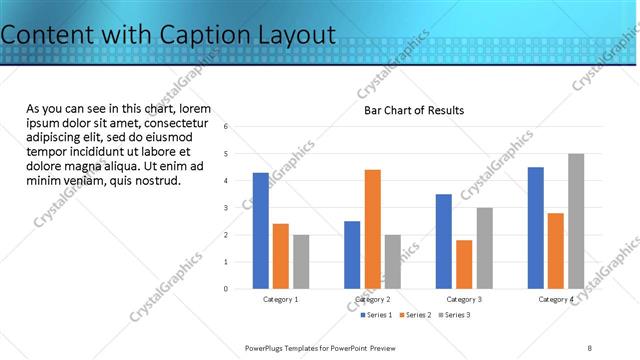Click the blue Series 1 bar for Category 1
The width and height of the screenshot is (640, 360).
[x=261, y=231]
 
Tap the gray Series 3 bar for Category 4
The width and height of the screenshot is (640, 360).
[x=576, y=221]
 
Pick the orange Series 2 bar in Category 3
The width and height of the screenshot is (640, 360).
[x=464, y=264]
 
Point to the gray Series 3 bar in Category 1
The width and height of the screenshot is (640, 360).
[x=301, y=262]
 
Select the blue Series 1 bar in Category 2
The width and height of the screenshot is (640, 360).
[x=352, y=255]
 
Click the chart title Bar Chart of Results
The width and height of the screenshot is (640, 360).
[x=413, y=110]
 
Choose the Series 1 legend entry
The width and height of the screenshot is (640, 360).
[x=376, y=315]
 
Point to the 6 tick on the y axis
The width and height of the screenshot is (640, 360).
[x=227, y=127]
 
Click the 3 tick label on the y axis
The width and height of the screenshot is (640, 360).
[x=227, y=208]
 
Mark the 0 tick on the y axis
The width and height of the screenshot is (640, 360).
[x=227, y=289]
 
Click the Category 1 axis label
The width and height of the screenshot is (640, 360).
[x=280, y=299]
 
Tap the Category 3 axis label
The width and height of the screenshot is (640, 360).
[x=464, y=299]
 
